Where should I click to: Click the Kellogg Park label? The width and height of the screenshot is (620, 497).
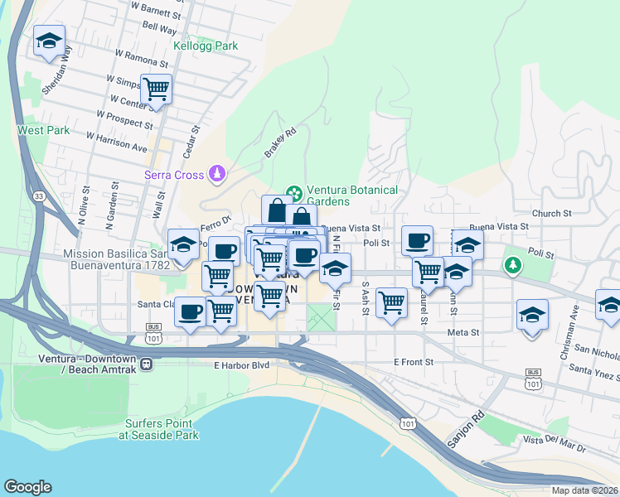click(205, 46)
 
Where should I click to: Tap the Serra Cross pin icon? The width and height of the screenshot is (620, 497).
click(216, 173)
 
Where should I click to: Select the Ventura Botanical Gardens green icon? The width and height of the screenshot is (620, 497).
click(293, 193)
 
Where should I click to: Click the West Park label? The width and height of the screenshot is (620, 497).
click(43, 130)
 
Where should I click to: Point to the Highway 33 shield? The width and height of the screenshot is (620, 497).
click(39, 195)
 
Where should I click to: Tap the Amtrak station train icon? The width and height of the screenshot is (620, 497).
click(146, 364)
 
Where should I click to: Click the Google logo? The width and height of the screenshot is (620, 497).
click(27, 487)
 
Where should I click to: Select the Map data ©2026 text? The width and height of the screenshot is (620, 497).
click(584, 490)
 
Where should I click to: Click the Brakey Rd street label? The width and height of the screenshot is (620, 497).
click(280, 142)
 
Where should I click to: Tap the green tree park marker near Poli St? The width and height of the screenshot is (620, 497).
click(514, 266)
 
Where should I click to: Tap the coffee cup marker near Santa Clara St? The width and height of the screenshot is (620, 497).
click(191, 312)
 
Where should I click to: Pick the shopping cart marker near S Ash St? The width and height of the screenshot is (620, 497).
click(390, 302)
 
